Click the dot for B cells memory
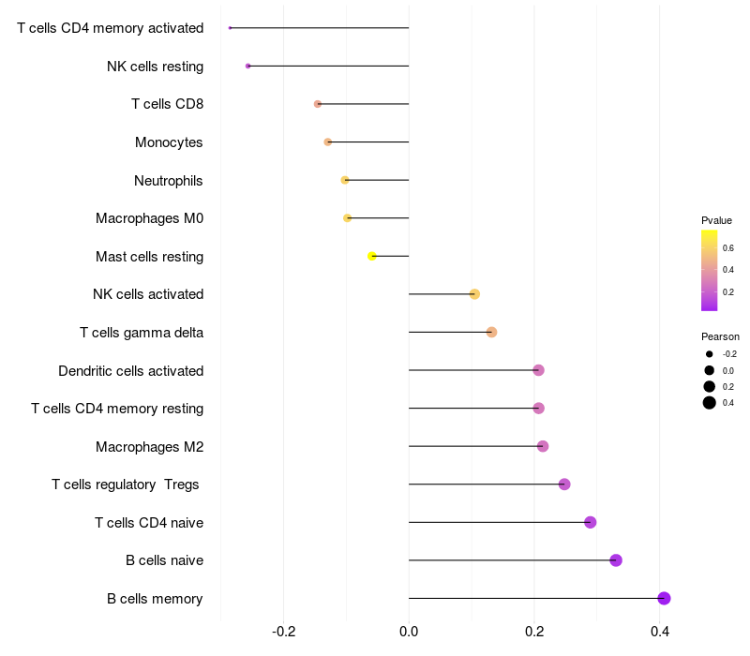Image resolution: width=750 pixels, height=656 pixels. (664, 598)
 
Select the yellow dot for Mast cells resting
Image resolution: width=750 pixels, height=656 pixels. (371, 256)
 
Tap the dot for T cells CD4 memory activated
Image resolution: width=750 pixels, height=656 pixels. (230, 28)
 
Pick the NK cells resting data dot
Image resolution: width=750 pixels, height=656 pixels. (247, 66)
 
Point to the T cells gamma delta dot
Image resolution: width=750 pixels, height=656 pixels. (491, 332)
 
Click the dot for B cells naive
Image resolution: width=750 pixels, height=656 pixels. (616, 560)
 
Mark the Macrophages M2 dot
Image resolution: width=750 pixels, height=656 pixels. (543, 446)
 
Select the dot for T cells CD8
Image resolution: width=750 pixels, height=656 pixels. (318, 104)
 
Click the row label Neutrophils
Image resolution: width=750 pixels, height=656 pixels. (169, 181)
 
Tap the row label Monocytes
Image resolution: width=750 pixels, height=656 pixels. (169, 142)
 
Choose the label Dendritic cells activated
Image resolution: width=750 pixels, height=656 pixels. (131, 371)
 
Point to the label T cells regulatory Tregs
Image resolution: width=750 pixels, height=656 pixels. (126, 485)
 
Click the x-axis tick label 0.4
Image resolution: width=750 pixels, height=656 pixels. (660, 632)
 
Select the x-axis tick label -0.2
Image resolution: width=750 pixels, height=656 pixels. (284, 632)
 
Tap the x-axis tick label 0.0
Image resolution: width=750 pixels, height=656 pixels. (409, 632)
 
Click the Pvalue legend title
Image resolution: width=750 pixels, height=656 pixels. (716, 220)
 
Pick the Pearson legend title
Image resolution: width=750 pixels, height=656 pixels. (720, 336)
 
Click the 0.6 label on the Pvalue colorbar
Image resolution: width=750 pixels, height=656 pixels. (728, 247)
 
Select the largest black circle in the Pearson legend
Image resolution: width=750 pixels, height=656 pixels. (710, 403)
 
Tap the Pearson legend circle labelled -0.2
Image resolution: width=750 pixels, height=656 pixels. (710, 354)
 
